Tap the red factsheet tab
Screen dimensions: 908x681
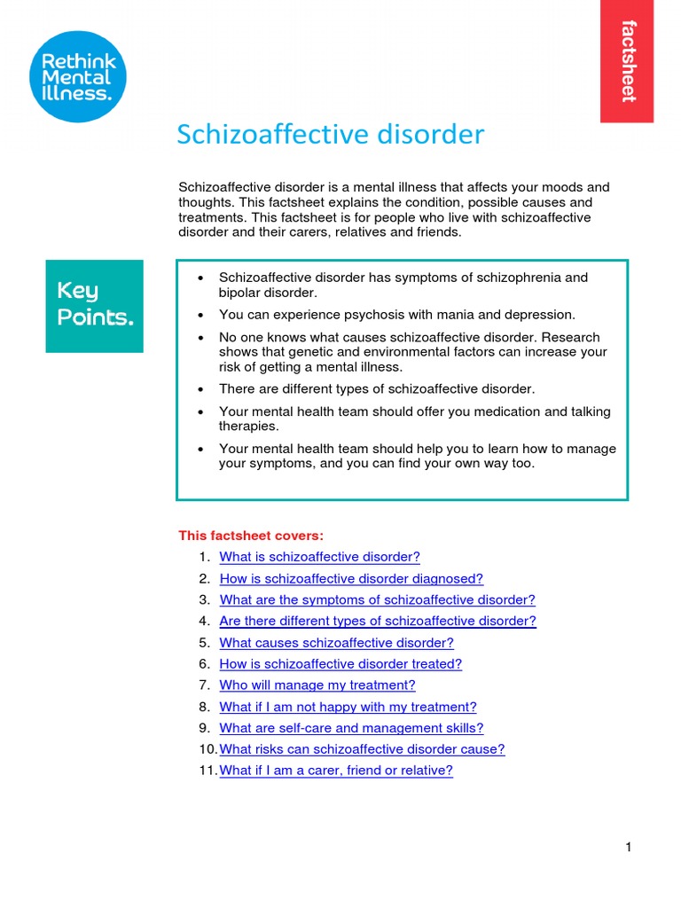point(627,61)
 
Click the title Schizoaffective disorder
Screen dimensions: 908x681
point(330,135)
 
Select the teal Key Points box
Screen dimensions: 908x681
point(94,305)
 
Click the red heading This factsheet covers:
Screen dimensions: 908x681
point(251,536)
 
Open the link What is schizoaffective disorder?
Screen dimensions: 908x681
point(319,557)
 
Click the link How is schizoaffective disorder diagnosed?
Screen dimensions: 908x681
point(351,578)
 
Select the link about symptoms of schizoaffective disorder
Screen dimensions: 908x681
point(377,599)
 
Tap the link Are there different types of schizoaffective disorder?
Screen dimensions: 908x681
point(377,621)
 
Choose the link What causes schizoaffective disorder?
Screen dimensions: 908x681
point(336,643)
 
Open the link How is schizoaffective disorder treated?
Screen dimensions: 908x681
point(340,663)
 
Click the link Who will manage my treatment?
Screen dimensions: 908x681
point(317,685)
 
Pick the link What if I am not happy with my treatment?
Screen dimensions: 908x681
point(348,707)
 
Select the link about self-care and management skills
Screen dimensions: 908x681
point(351,728)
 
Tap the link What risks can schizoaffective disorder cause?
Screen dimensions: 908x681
point(362,749)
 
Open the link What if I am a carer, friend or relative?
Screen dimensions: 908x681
point(335,771)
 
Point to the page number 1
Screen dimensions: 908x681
point(628,848)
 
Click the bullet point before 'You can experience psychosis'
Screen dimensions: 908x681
point(201,315)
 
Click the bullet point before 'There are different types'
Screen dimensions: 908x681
point(201,389)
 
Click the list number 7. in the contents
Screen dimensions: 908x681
point(204,685)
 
